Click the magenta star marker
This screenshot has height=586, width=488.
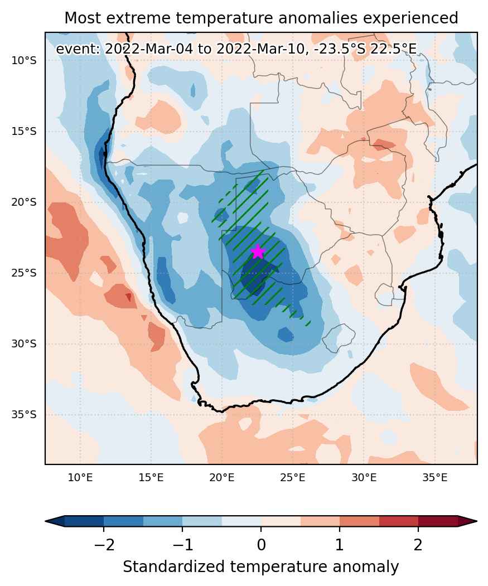(258, 251)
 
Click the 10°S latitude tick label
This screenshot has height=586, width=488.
(25, 61)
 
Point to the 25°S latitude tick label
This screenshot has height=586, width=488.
(25, 273)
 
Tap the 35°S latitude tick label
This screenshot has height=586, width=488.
(25, 415)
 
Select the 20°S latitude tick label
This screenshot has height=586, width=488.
(25, 202)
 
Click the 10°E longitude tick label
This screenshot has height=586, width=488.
(80, 478)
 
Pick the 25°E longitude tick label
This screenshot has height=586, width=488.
(293, 478)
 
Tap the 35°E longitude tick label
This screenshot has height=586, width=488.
(435, 478)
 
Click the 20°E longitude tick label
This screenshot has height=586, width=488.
(222, 478)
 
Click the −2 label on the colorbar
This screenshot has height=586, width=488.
(104, 545)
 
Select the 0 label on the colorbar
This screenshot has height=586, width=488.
(261, 545)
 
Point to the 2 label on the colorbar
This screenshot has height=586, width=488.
(418, 545)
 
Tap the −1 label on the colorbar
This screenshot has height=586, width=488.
(182, 545)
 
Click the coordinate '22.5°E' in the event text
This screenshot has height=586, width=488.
(393, 49)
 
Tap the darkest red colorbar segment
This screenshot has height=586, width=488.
(437, 521)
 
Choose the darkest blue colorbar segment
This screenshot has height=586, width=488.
(84, 521)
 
